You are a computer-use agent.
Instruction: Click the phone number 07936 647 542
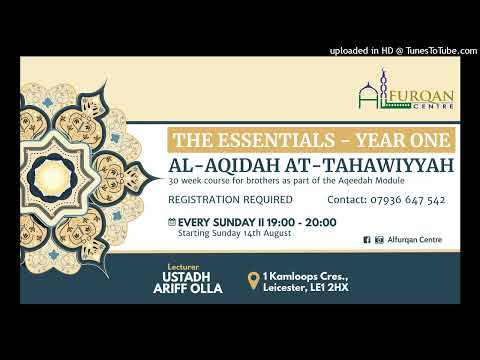point(407,200)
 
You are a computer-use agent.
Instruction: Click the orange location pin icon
point(256,281)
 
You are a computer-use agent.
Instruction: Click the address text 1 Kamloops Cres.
point(305,275)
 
